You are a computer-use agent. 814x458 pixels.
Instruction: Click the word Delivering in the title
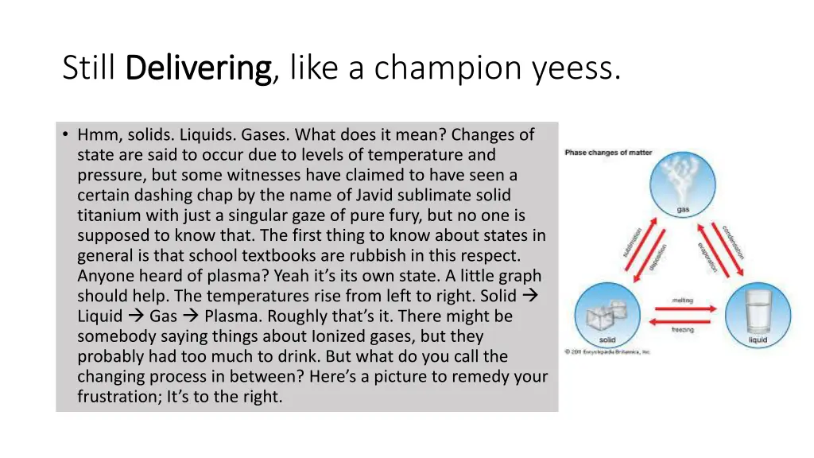[x=199, y=68]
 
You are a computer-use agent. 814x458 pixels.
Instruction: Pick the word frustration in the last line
[x=118, y=397]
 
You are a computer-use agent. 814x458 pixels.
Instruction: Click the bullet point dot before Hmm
[x=64, y=135]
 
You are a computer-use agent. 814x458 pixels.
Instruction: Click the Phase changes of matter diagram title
[x=608, y=153]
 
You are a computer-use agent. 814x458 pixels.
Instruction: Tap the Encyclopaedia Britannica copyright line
[x=607, y=351]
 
